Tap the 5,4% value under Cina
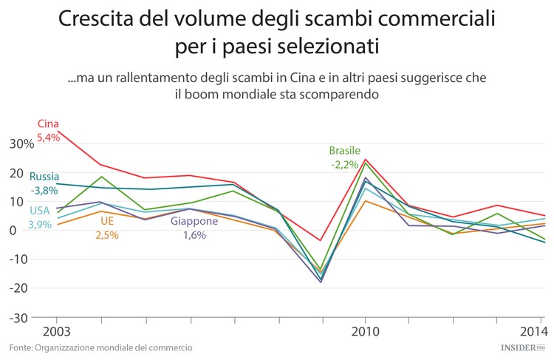pos(48,137)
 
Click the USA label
pos(39,211)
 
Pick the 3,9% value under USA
pos(40,224)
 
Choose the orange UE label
pos(107,221)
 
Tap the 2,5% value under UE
pos(107,234)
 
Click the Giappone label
pos(194,221)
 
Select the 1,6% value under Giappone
pos(194,234)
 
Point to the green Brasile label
pos(344,151)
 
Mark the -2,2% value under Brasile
pos(344,164)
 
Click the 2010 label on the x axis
pos(365,330)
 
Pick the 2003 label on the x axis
pos(45,330)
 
